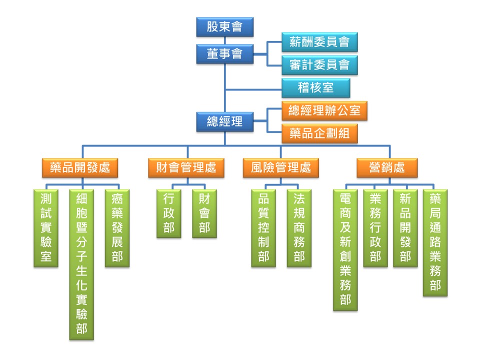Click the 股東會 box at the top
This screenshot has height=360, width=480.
coord(224,26)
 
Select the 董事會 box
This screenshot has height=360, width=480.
coord(224,53)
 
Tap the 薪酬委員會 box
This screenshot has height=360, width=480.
coord(319,42)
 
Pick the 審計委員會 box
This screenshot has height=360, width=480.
coord(319,65)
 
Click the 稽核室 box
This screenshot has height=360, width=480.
coord(315,88)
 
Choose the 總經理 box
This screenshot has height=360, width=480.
coord(224,120)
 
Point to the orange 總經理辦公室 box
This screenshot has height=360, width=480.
coord(324,110)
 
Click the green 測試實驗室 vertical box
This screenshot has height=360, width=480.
coord(46,228)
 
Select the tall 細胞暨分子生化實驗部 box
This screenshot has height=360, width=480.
coord(81,264)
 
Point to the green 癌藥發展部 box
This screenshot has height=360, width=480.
coord(117,228)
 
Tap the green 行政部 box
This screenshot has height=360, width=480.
coord(169,213)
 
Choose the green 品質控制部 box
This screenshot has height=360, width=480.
coord(263,228)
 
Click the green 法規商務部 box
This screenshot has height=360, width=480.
coord(299,228)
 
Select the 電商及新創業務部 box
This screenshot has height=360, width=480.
coord(345,249)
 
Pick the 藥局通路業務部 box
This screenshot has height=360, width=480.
coord(435,242)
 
